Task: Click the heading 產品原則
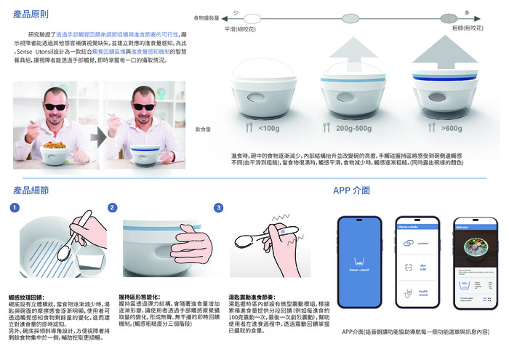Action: (x=30, y=15)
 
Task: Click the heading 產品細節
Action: (x=30, y=190)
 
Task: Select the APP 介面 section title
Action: (x=351, y=191)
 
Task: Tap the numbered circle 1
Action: (x=15, y=208)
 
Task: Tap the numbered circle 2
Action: (x=113, y=208)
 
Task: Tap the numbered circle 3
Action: (x=218, y=208)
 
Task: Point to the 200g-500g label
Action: (x=353, y=129)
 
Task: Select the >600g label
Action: (x=451, y=129)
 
